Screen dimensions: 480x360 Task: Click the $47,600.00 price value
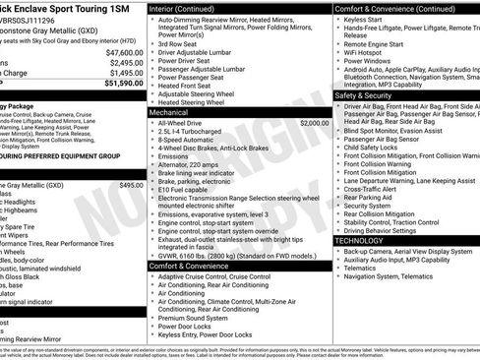tap(125, 52)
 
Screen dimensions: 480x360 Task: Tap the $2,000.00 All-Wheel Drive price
tap(315, 124)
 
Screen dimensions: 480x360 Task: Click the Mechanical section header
tap(171, 113)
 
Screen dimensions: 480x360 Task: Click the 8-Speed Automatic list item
tap(186, 139)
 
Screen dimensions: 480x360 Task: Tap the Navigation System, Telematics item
tap(388, 276)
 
